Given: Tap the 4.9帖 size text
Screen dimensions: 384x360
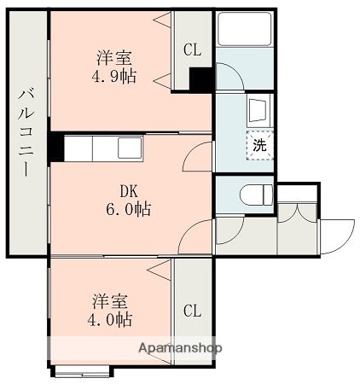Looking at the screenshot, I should click(x=114, y=77).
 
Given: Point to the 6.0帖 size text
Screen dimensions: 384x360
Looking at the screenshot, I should click(x=128, y=209).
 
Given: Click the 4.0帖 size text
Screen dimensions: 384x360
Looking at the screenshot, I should click(x=112, y=320).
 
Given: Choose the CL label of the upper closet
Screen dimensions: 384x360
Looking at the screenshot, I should click(x=193, y=50).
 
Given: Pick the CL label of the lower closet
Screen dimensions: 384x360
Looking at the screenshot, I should click(x=193, y=310).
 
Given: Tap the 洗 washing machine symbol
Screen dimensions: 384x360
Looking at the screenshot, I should click(x=259, y=144).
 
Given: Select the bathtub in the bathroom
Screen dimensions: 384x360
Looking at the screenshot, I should click(x=244, y=30).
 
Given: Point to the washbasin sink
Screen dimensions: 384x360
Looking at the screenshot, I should click(x=258, y=110).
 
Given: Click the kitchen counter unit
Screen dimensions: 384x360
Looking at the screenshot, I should click(x=97, y=148).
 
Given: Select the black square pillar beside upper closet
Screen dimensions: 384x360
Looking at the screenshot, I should click(x=201, y=79).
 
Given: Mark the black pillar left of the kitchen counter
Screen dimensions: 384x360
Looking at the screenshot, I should click(x=56, y=148).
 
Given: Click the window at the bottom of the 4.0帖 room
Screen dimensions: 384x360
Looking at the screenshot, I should click(x=82, y=370).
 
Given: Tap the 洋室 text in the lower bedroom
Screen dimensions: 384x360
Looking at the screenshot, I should click(x=112, y=302).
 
